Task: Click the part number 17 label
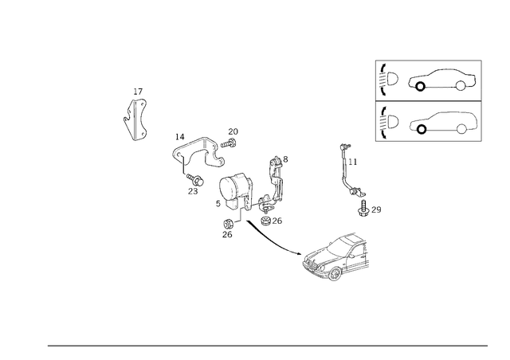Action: (138, 92)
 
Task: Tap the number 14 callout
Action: (180, 137)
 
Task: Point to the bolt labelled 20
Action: (229, 143)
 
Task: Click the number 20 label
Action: (233, 131)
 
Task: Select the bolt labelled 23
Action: (195, 179)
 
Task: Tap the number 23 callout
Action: (193, 191)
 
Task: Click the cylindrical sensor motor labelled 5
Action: (233, 190)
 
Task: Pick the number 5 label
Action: (218, 204)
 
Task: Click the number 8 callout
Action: (285, 159)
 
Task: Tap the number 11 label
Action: (353, 162)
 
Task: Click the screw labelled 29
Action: (363, 208)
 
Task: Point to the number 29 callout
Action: (376, 209)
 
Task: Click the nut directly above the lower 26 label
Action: (227, 224)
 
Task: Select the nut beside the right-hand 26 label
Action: (265, 221)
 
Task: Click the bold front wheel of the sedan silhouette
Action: (420, 86)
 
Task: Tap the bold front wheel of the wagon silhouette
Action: (422, 129)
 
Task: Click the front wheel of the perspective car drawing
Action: (335, 274)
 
